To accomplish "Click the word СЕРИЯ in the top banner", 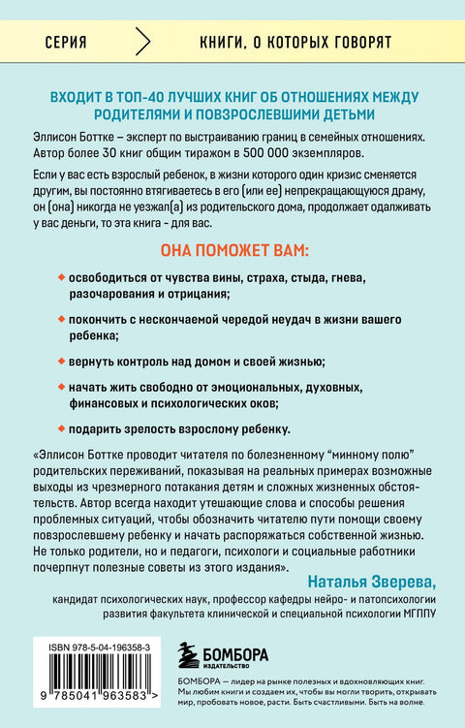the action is pos(67,44).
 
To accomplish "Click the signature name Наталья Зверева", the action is pos(375,581).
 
